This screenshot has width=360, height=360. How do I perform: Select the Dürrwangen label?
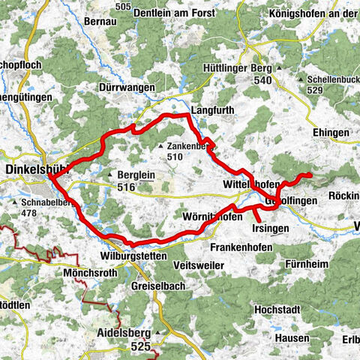[127, 88]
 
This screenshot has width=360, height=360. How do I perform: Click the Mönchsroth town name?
[90, 274]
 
